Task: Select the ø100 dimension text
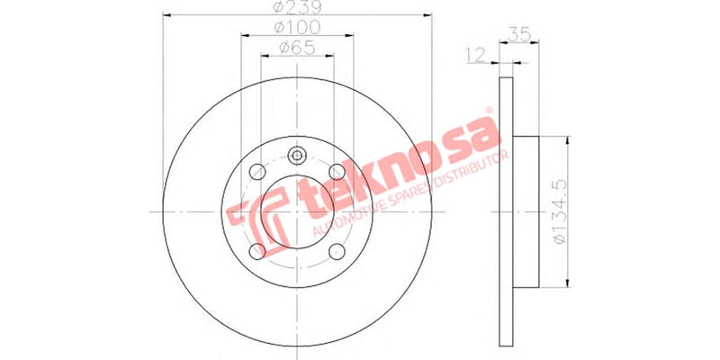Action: (x=298, y=29)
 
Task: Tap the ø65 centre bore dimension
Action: (x=297, y=48)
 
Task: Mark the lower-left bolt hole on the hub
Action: (x=257, y=249)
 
